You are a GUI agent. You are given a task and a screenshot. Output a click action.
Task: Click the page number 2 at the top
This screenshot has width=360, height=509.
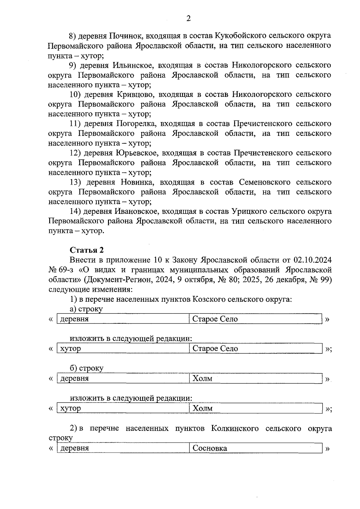coord(188,19)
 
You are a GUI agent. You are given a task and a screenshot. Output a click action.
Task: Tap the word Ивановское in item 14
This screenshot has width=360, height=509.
coord(136,212)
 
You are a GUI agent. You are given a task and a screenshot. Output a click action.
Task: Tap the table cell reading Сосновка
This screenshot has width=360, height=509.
coord(210,448)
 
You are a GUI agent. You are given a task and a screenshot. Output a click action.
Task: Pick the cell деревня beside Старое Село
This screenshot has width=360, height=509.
coord(75,319)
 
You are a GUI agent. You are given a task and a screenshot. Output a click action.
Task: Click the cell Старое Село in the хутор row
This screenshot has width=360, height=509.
coord(215,349)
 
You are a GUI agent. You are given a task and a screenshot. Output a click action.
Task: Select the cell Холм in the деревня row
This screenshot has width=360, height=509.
coord(202,379)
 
